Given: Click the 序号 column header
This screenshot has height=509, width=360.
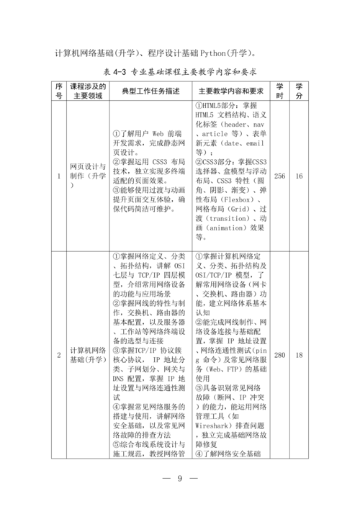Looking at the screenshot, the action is (x=59, y=91).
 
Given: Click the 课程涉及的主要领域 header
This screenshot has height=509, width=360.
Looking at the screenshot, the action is (x=89, y=91).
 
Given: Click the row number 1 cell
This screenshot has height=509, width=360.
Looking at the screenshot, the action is (x=59, y=176).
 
